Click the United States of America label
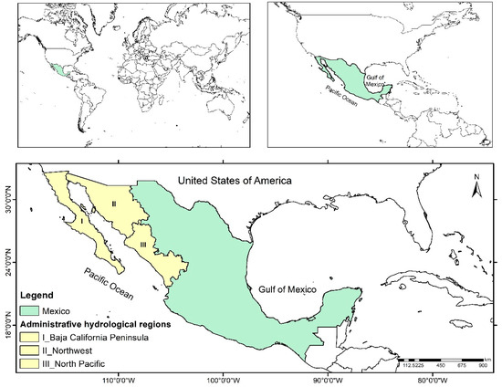point(234,182)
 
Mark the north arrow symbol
point(476,185)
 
